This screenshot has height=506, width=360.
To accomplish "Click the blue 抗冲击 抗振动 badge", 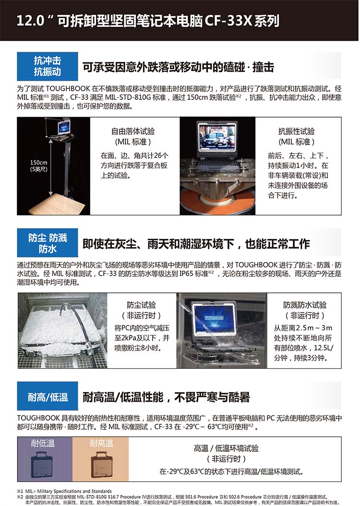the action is point(48,66).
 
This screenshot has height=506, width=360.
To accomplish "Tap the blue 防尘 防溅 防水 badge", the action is point(48,242).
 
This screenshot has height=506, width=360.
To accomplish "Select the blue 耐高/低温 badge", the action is point(48,396).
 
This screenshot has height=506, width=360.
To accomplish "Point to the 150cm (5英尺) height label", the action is point(39,166).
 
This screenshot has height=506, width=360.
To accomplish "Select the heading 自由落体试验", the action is point(133,132).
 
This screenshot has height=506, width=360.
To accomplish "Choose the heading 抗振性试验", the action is point(297,132).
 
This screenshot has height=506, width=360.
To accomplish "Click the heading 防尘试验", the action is point(141,305).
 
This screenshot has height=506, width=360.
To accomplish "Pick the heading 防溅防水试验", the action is point(305,305).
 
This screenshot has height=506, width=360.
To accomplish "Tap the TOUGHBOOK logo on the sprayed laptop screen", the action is point(214,318).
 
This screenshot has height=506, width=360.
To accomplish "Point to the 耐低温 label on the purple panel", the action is point(43,444).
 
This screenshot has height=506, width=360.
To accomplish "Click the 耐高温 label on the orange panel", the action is point(101,444).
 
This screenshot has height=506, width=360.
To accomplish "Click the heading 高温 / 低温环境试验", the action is point(226,448).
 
